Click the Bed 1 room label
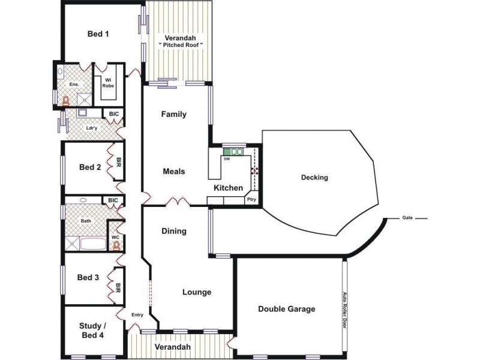[98, 34]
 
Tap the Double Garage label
[286, 309]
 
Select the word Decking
[314, 178]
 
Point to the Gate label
[407, 218]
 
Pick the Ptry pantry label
[252, 199]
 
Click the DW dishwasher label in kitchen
[227, 159]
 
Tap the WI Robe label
[108, 83]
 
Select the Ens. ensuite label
[74, 85]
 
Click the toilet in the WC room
[116, 245]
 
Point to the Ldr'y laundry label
[92, 127]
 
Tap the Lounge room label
[197, 292]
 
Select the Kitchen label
[229, 188]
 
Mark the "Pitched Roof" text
[181, 45]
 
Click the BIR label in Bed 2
[118, 162]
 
